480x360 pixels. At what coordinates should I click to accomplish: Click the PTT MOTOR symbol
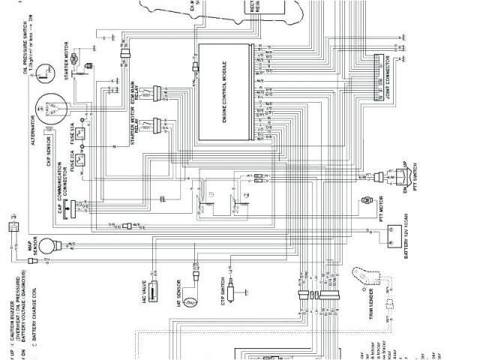click(367, 201)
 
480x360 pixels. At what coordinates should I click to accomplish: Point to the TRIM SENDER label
click(370, 304)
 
